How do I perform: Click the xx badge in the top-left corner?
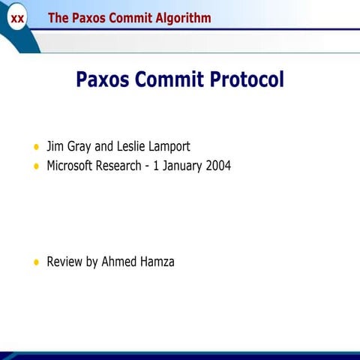click(x=16, y=18)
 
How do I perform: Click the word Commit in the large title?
click(x=169, y=79)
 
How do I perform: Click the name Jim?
click(x=56, y=146)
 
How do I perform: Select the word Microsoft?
click(x=70, y=166)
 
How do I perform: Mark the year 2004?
click(x=219, y=166)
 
